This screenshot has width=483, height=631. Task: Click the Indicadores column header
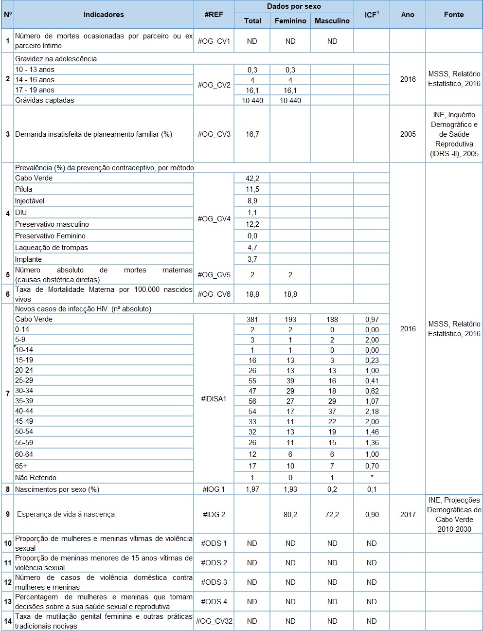(x=104, y=15)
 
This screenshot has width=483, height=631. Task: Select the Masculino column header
(x=332, y=21)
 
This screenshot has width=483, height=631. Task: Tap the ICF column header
(x=372, y=15)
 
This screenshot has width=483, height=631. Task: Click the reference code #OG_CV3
(x=214, y=134)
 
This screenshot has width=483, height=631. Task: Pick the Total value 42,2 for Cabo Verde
(x=252, y=178)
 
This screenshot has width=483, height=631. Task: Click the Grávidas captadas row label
(x=45, y=100)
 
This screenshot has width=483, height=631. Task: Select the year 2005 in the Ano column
(x=408, y=134)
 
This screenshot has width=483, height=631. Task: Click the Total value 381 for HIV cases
(x=252, y=320)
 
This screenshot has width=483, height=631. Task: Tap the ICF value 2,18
(x=372, y=412)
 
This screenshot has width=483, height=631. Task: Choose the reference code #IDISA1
(x=214, y=399)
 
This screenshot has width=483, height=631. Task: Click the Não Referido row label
(x=36, y=478)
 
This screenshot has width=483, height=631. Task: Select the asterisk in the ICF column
(x=372, y=478)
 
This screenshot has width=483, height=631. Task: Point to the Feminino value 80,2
(x=290, y=515)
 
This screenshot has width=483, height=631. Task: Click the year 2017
(x=408, y=515)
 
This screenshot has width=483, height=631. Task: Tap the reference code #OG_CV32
(x=214, y=621)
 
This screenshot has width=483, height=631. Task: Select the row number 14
(x=8, y=621)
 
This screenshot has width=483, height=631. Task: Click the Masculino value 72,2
(x=332, y=515)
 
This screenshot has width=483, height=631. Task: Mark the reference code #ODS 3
(x=214, y=582)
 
